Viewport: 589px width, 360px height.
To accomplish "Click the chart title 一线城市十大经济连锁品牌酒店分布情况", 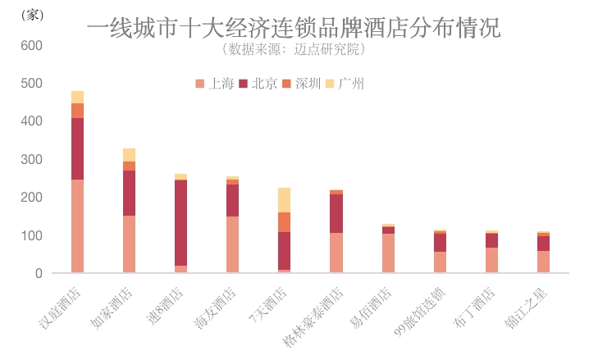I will (x=294, y=29).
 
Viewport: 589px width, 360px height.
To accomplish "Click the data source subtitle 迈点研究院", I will (x=294, y=50).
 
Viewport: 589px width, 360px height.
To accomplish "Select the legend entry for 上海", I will (x=216, y=83).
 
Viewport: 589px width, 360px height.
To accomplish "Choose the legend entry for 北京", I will (x=258, y=83).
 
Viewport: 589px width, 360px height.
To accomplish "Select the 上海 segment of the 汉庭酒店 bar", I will (x=77, y=226).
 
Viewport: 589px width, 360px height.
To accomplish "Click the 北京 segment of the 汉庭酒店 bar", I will (x=77, y=148).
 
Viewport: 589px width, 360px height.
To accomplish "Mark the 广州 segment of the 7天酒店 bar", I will (x=284, y=200).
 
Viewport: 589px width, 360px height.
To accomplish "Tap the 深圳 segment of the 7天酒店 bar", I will (x=284, y=222).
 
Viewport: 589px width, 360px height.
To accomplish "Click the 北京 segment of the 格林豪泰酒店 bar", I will (x=336, y=213).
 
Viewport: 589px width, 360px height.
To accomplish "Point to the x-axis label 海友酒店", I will (x=217, y=307).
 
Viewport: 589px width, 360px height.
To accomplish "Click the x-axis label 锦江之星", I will (x=527, y=307).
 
